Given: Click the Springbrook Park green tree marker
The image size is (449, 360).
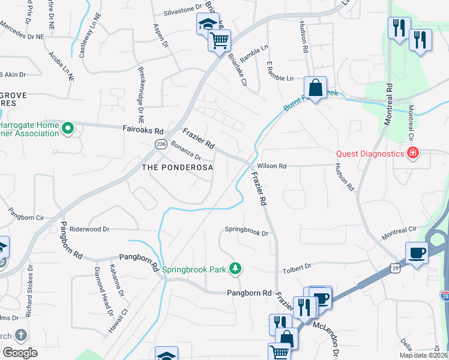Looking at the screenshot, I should [237, 268].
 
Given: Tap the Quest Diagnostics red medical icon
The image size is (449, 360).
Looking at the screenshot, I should [412, 154].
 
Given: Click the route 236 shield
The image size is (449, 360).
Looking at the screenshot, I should [160, 144].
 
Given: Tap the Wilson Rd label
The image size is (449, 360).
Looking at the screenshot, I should [272, 166].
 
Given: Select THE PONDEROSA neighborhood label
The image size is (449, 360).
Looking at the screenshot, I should [177, 167].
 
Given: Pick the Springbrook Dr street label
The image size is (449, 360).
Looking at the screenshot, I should [246, 230].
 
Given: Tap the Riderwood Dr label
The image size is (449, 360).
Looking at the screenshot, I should [90, 229].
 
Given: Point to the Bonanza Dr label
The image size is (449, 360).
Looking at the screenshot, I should [185, 149].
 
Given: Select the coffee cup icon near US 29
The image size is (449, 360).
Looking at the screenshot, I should [417, 253].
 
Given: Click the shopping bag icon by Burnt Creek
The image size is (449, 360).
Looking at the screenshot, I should [315, 88].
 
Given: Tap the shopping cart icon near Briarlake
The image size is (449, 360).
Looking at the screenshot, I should [219, 41].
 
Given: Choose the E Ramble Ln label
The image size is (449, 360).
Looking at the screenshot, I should [280, 79].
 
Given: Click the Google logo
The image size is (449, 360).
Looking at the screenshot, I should [20, 353].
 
